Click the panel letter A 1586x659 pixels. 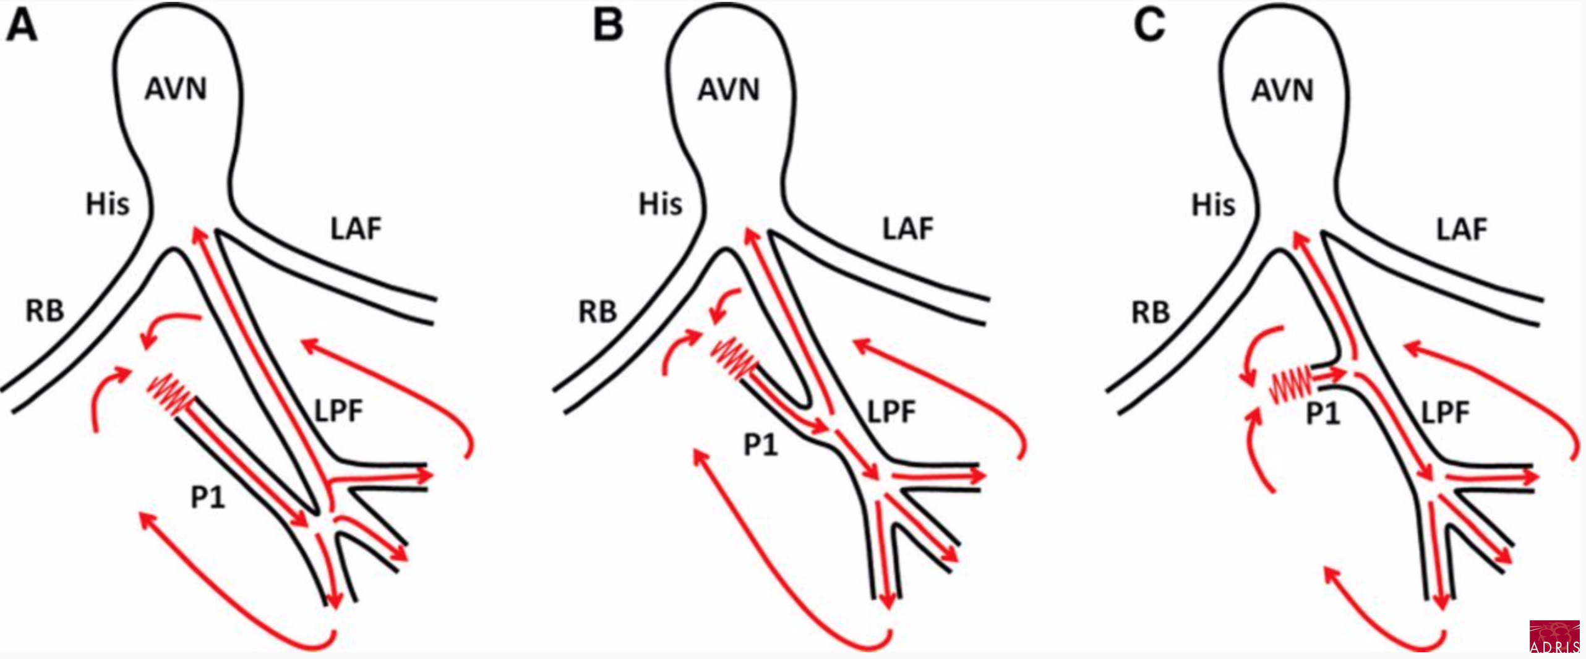pyautogui.click(x=22, y=27)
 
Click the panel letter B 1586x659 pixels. pyautogui.click(x=608, y=27)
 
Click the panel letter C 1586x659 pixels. pyautogui.click(x=1150, y=27)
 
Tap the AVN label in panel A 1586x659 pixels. pyautogui.click(x=176, y=89)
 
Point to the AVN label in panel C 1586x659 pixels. pyautogui.click(x=1282, y=91)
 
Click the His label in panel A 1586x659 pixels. pyautogui.click(x=108, y=205)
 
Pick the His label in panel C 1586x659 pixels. pyautogui.click(x=1214, y=205)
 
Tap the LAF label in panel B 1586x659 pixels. pyautogui.click(x=908, y=229)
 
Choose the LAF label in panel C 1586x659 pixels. pyautogui.click(x=1462, y=230)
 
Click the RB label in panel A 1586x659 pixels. pyautogui.click(x=45, y=311)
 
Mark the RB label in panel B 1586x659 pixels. pyautogui.click(x=598, y=312)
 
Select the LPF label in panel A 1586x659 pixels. pyautogui.click(x=338, y=411)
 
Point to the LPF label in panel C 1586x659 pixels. pyautogui.click(x=1445, y=412)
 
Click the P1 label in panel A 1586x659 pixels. pyautogui.click(x=208, y=498)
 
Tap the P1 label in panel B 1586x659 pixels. pyautogui.click(x=760, y=444)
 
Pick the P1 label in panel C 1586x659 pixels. pyautogui.click(x=1322, y=414)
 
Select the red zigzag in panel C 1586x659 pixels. pyautogui.click(x=1290, y=386)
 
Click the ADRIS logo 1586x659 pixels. pyautogui.click(x=1554, y=637)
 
